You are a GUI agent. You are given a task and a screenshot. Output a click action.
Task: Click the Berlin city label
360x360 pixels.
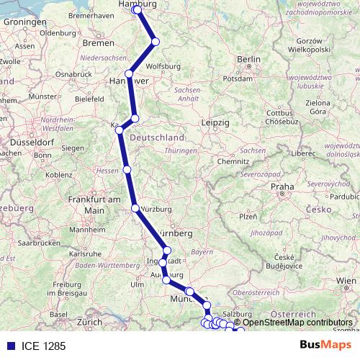tap(248, 59)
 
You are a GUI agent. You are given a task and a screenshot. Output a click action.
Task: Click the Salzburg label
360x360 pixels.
tap(240, 314)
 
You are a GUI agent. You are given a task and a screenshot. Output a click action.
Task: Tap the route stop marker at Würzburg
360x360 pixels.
tap(135, 209)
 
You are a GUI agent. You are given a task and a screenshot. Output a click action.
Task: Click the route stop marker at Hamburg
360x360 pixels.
tap(138, 10)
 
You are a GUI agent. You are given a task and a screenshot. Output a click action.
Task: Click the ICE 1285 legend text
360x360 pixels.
tap(44, 346)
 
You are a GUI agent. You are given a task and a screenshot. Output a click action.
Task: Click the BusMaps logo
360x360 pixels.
tap(325, 345)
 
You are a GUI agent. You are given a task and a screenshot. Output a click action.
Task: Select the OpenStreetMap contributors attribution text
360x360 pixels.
tap(297, 322)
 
